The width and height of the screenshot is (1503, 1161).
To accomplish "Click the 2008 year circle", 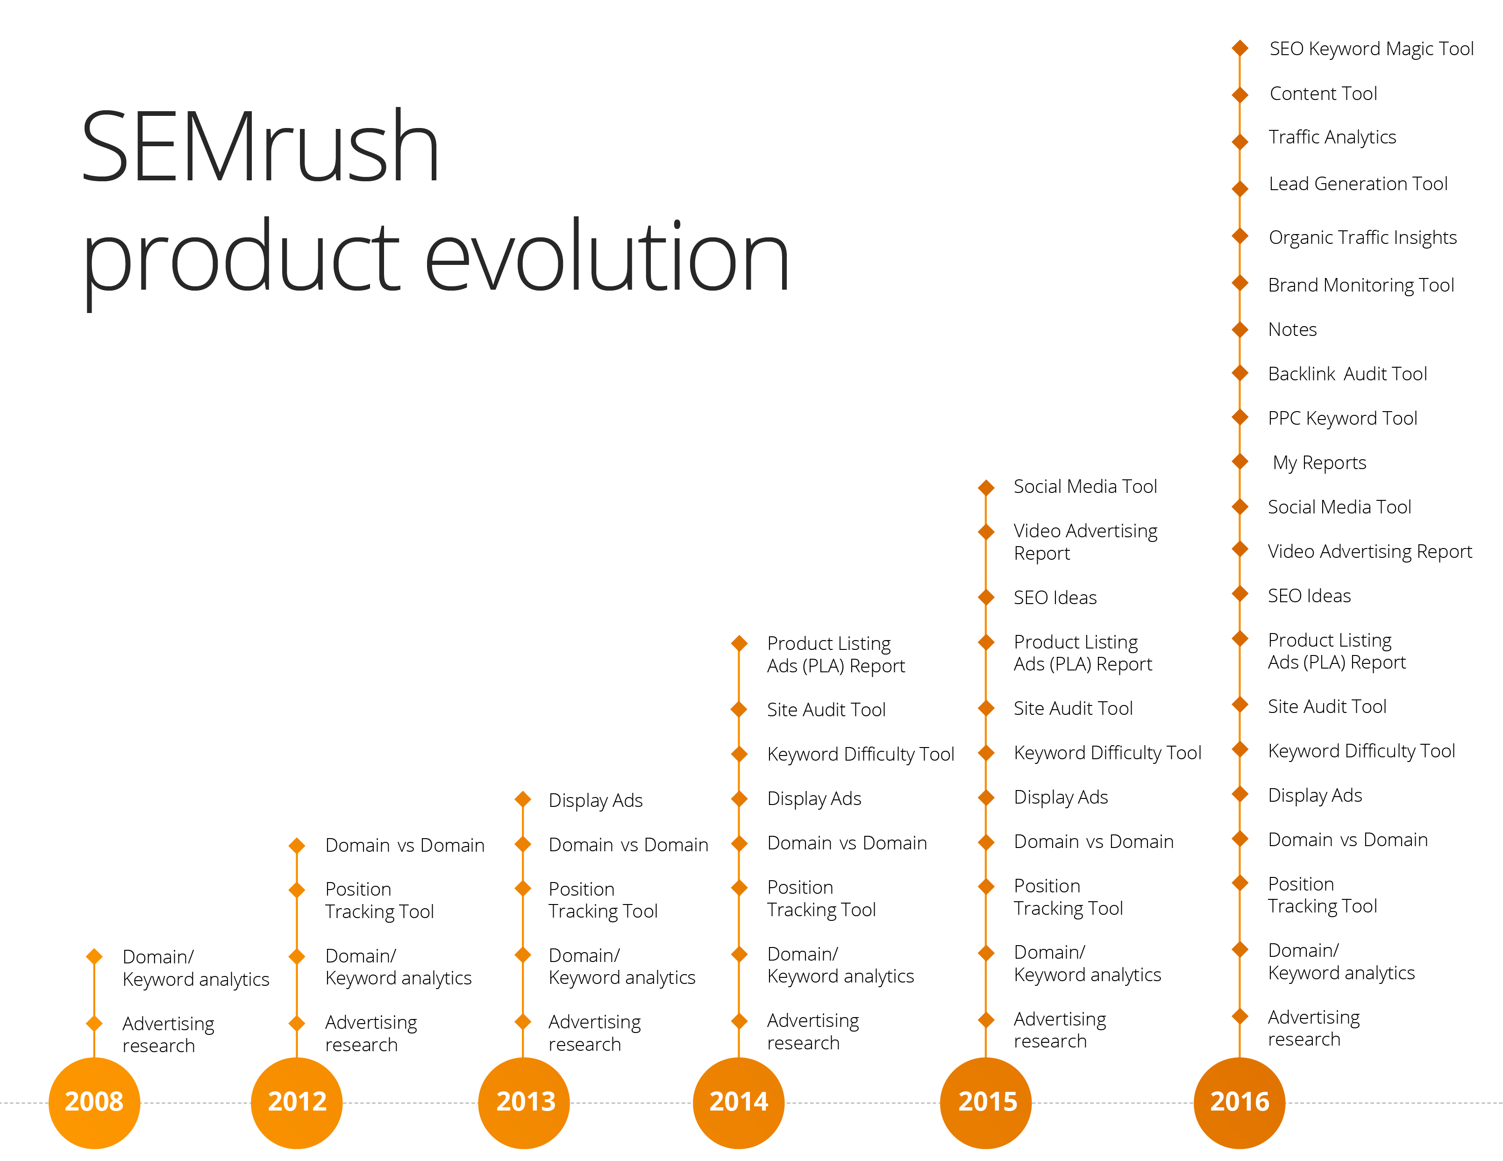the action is (x=94, y=1102).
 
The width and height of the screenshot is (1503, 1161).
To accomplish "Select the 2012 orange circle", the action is (x=297, y=1102).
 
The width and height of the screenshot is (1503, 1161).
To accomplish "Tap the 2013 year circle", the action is (x=524, y=1102).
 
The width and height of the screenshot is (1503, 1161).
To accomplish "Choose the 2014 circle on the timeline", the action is (x=739, y=1102).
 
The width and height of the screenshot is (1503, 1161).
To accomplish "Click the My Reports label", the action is (x=1319, y=463).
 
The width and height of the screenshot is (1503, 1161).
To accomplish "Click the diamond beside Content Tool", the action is (x=1239, y=94).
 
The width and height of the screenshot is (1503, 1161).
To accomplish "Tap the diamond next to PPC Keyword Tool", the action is (x=1239, y=417).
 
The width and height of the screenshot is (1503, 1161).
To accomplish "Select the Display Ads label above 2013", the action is (x=595, y=800).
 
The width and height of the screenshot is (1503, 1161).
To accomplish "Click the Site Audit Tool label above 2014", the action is (x=826, y=710).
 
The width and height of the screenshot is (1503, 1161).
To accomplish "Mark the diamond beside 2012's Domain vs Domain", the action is (x=297, y=846).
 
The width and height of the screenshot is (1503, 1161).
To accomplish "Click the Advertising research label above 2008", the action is (x=168, y=1034).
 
